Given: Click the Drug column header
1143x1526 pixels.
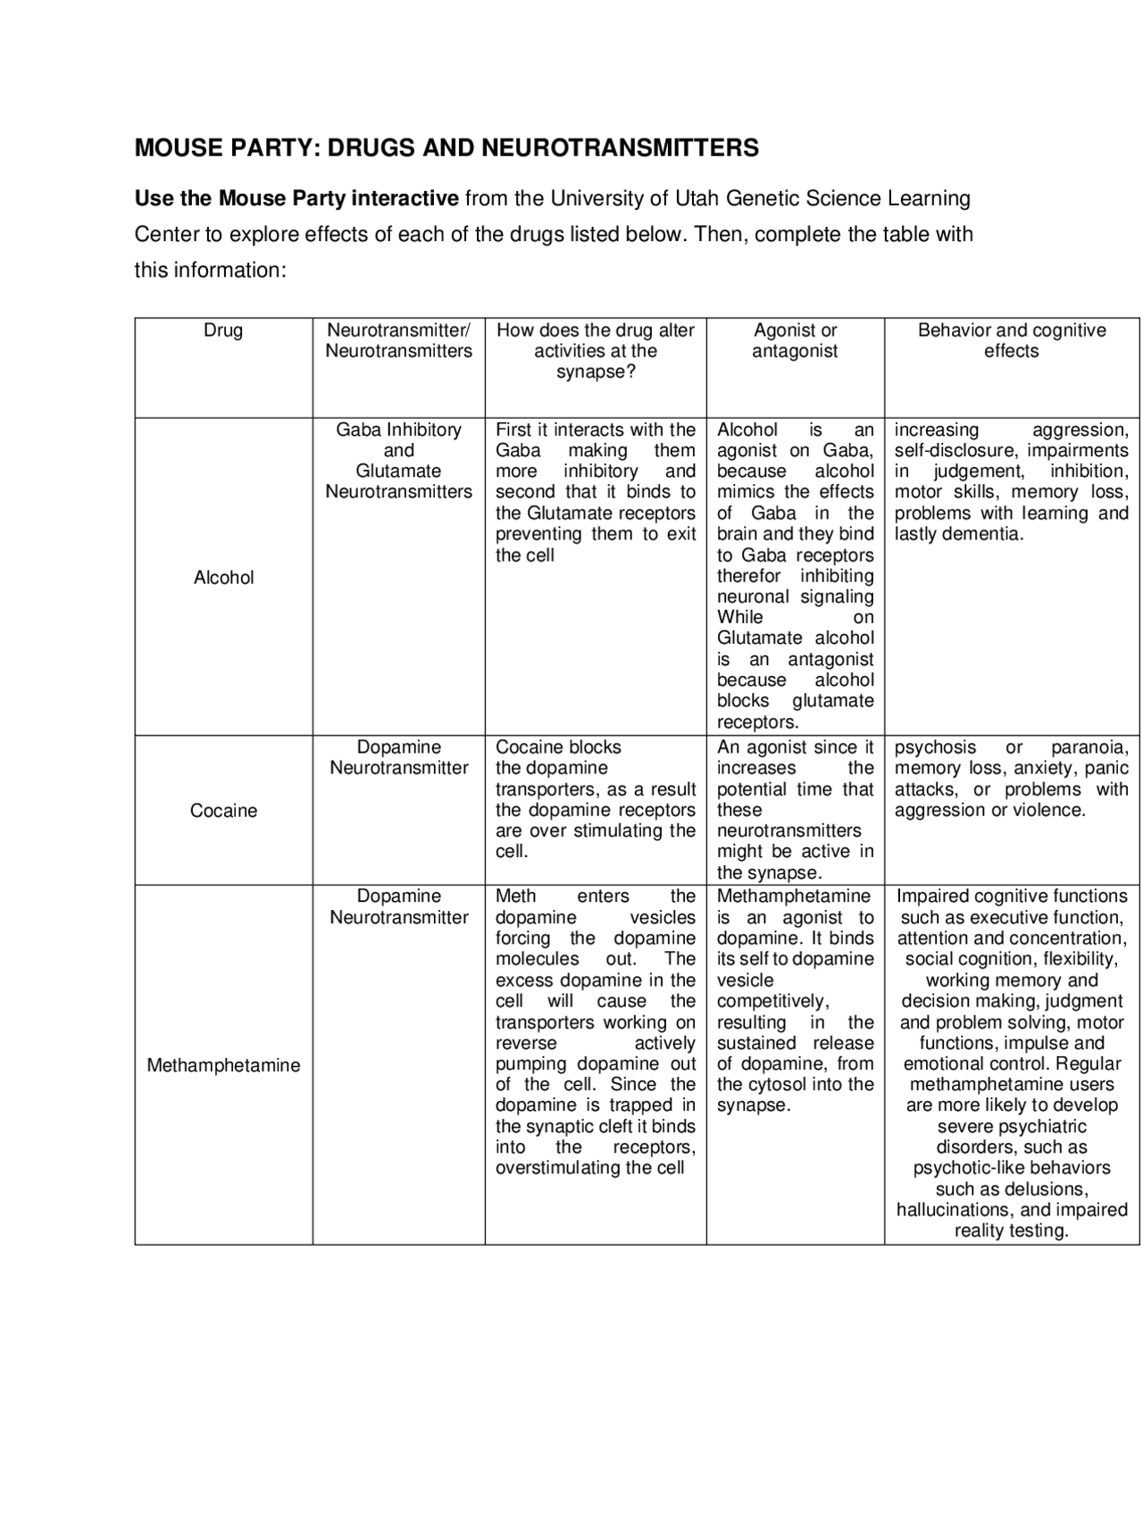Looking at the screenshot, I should [x=223, y=330].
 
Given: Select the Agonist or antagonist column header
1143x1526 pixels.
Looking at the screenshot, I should [x=795, y=340].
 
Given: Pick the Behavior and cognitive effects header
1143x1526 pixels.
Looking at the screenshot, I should [x=1011, y=340].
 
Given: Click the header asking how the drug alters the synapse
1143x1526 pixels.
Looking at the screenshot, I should [x=596, y=351].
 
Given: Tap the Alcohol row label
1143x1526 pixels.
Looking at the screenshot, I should [x=223, y=578].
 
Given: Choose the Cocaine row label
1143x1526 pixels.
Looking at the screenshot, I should [x=223, y=811].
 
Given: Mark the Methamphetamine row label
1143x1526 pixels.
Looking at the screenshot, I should [x=223, y=1065].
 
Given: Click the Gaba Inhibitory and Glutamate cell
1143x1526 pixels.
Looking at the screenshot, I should [x=398, y=461].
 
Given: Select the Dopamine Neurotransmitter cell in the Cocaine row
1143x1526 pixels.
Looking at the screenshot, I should [x=398, y=757].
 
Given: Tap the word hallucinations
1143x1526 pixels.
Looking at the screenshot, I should [x=955, y=1210].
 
